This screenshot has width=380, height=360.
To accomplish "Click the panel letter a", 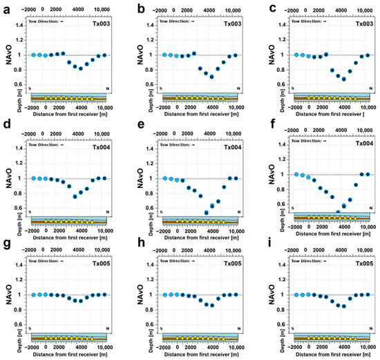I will (5, 8).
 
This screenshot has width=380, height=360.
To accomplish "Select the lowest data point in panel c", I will (344, 79).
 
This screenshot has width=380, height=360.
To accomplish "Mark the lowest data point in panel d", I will (75, 196).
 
